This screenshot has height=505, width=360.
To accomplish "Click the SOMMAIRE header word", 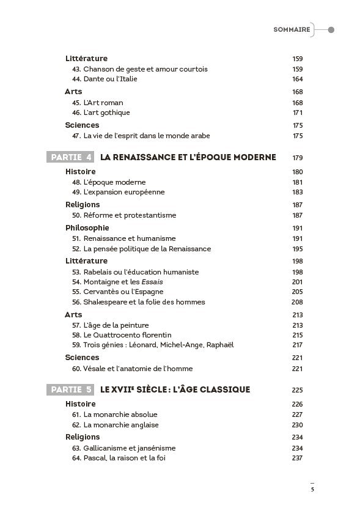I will coord(291,29).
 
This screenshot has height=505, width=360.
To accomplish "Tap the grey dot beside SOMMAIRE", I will coord(331,29).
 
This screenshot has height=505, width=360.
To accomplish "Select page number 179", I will coord(297,158).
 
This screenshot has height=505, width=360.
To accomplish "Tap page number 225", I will coord(297,390).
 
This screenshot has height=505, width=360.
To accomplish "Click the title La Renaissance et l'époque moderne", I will coord(188,157).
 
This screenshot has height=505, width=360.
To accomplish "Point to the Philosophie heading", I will coord(87,227).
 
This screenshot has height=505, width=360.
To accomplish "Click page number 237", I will coord(297,458).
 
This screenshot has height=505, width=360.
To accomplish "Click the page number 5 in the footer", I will coord(312,489).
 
